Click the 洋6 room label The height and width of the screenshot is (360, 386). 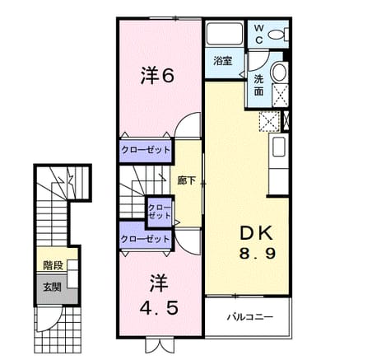click(157, 76)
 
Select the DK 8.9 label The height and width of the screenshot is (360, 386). click(257, 243)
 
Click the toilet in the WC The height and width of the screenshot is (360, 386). click(277, 35)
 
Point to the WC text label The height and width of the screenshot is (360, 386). click(258, 34)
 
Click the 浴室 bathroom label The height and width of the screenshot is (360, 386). click(222, 61)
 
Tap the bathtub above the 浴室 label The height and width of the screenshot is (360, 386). click(225, 34)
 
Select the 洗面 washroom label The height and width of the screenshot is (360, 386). click(258, 85)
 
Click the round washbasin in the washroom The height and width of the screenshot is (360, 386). click(279, 72)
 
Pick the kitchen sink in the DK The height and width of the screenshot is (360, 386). click(279, 147)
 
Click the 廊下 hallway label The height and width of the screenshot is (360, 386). click(186, 180)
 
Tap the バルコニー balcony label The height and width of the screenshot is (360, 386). click(250, 317)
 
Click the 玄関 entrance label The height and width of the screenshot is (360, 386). click(52, 288)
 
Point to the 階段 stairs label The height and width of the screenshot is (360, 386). click(53, 265)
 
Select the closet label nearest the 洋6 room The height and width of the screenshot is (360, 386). click(146, 150)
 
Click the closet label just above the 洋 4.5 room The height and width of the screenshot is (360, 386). click(145, 239)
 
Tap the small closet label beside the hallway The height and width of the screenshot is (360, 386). click(159, 211)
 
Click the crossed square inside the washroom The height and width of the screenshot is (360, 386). click(280, 95)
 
